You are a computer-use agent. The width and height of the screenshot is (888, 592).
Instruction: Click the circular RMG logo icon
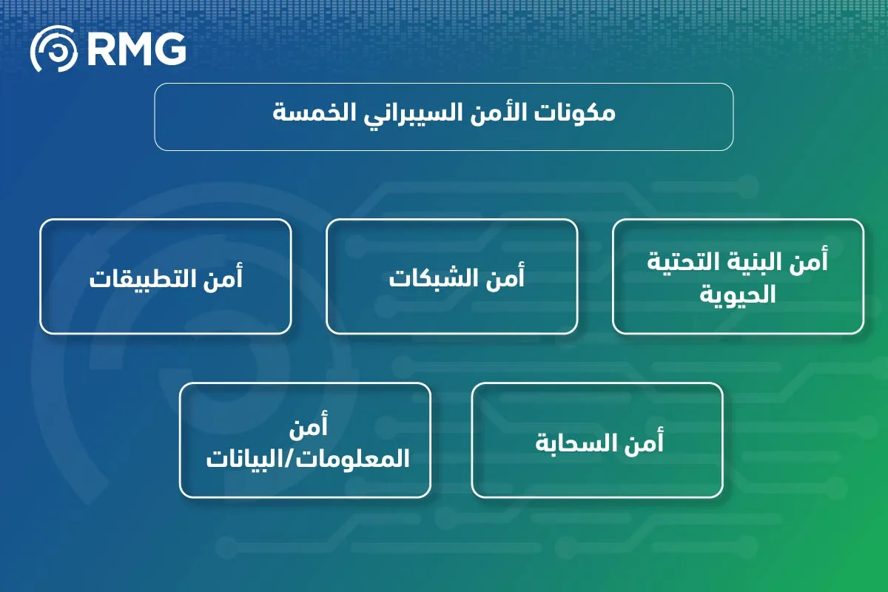53,50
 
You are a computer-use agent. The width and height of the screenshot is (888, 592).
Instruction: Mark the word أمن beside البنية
808,262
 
